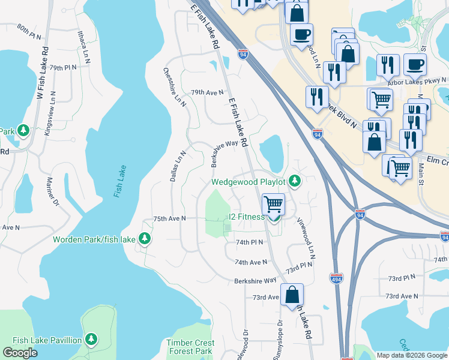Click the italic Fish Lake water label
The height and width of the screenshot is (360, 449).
(118, 182)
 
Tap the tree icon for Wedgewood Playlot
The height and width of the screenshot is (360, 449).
(294, 181)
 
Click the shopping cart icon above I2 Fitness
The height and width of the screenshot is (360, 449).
(273, 204)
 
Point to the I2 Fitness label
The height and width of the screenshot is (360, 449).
(246, 217)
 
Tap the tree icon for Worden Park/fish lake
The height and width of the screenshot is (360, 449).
(144, 239)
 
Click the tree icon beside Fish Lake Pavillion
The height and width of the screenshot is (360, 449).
(91, 340)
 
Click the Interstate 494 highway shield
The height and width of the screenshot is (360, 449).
(336, 278)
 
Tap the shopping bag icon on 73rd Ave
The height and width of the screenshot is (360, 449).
(292, 295)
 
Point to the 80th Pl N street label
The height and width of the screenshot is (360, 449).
(31, 29)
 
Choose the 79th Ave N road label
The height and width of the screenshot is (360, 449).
(207, 92)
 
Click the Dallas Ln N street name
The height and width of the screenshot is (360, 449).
(178, 167)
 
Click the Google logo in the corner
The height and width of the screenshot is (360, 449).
(20, 352)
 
